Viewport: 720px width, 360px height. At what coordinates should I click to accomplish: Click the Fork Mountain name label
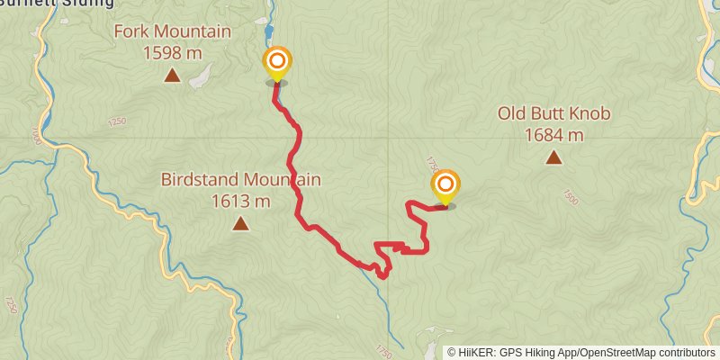click(x=173, y=32)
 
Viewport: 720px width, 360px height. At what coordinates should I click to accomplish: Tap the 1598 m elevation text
click(x=173, y=53)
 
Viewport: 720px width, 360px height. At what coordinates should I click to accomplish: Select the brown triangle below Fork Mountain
click(x=173, y=76)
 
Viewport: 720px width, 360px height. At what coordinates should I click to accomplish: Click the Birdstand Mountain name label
click(x=241, y=180)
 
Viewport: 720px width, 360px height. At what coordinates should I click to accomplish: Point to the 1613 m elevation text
click(x=241, y=201)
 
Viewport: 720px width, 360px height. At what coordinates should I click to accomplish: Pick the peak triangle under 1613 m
click(x=241, y=222)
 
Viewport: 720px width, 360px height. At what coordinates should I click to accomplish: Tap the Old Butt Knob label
click(x=554, y=114)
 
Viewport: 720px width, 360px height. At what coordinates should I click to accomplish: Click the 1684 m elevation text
click(x=554, y=135)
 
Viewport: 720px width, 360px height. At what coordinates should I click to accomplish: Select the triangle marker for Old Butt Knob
click(x=554, y=157)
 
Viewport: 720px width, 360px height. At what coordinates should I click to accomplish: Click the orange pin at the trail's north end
click(x=277, y=62)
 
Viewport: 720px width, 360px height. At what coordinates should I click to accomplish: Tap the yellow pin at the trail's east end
click(x=445, y=186)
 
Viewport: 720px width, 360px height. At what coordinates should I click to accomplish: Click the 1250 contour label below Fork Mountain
click(x=116, y=121)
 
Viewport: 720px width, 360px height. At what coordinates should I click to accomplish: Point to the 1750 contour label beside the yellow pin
click(x=431, y=166)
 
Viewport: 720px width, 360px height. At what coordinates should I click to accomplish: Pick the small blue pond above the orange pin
click(x=268, y=34)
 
